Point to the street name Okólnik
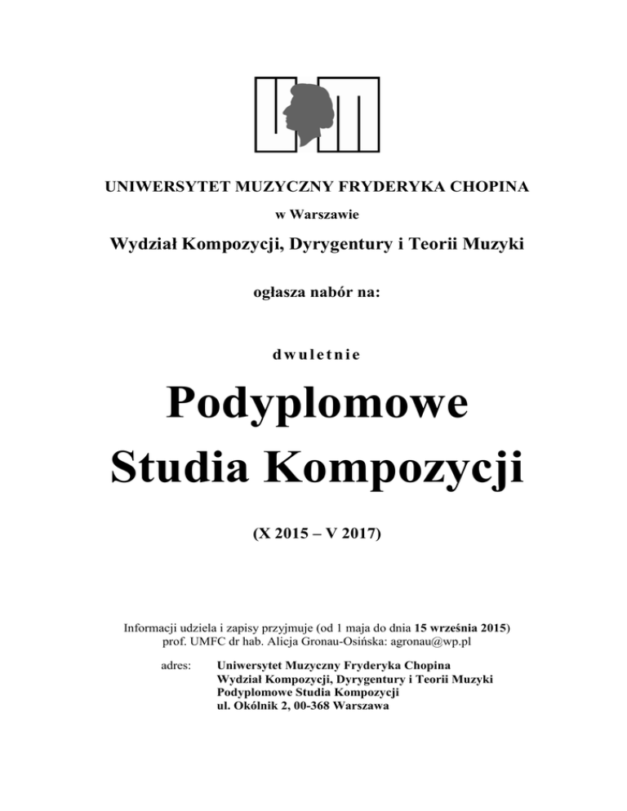click(256, 707)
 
